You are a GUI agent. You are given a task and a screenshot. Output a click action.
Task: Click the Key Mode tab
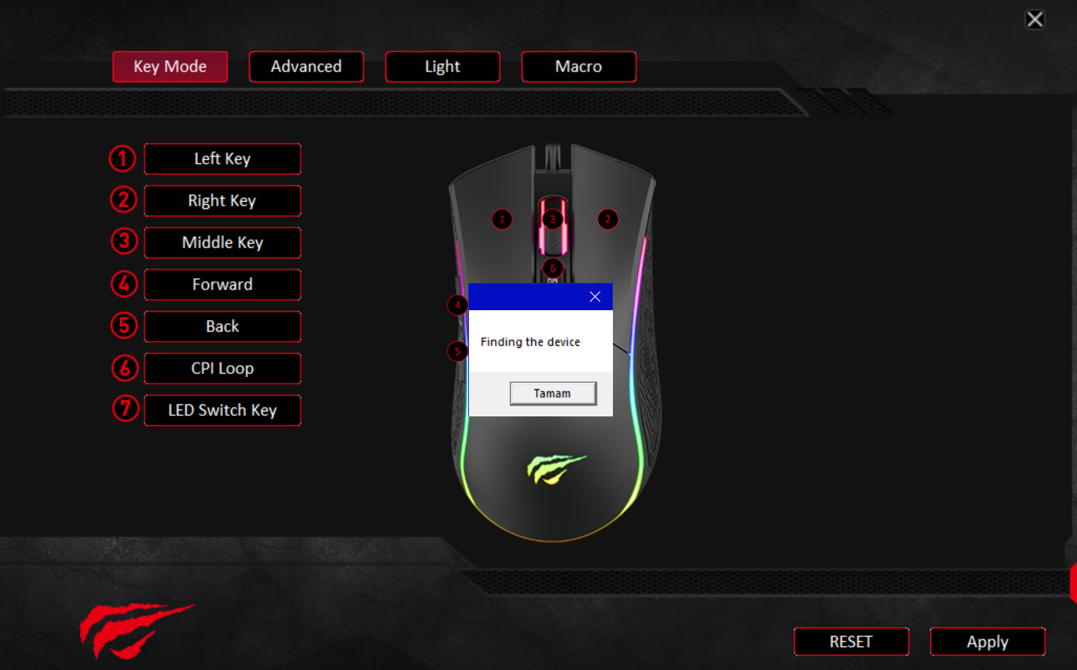pos(170,66)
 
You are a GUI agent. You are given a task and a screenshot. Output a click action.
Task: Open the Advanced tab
pos(306,66)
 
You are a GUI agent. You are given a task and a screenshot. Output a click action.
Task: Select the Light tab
pos(442,66)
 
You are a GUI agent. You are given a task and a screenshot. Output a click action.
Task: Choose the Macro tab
pos(579,66)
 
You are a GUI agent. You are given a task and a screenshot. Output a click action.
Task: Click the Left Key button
pos(222,159)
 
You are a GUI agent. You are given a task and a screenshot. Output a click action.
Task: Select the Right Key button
pos(222,201)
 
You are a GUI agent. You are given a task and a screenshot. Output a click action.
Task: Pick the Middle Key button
pos(222,242)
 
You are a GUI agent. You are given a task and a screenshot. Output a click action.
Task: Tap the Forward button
pos(222,284)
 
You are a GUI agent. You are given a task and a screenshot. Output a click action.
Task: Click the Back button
pos(222,326)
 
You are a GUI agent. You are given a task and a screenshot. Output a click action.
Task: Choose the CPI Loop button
pos(222,368)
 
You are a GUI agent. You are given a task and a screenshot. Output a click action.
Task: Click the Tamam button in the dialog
pos(553,393)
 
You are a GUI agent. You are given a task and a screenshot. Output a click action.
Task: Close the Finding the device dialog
pos(595,297)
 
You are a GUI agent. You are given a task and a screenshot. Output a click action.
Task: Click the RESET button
pos(851,641)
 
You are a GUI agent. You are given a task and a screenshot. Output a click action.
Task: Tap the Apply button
pos(987,641)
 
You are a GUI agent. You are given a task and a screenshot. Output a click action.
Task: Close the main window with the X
pos(1034,20)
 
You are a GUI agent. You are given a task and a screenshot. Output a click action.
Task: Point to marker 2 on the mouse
pos(607,219)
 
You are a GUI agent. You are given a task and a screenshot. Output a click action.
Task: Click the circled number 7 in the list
pos(126,409)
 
